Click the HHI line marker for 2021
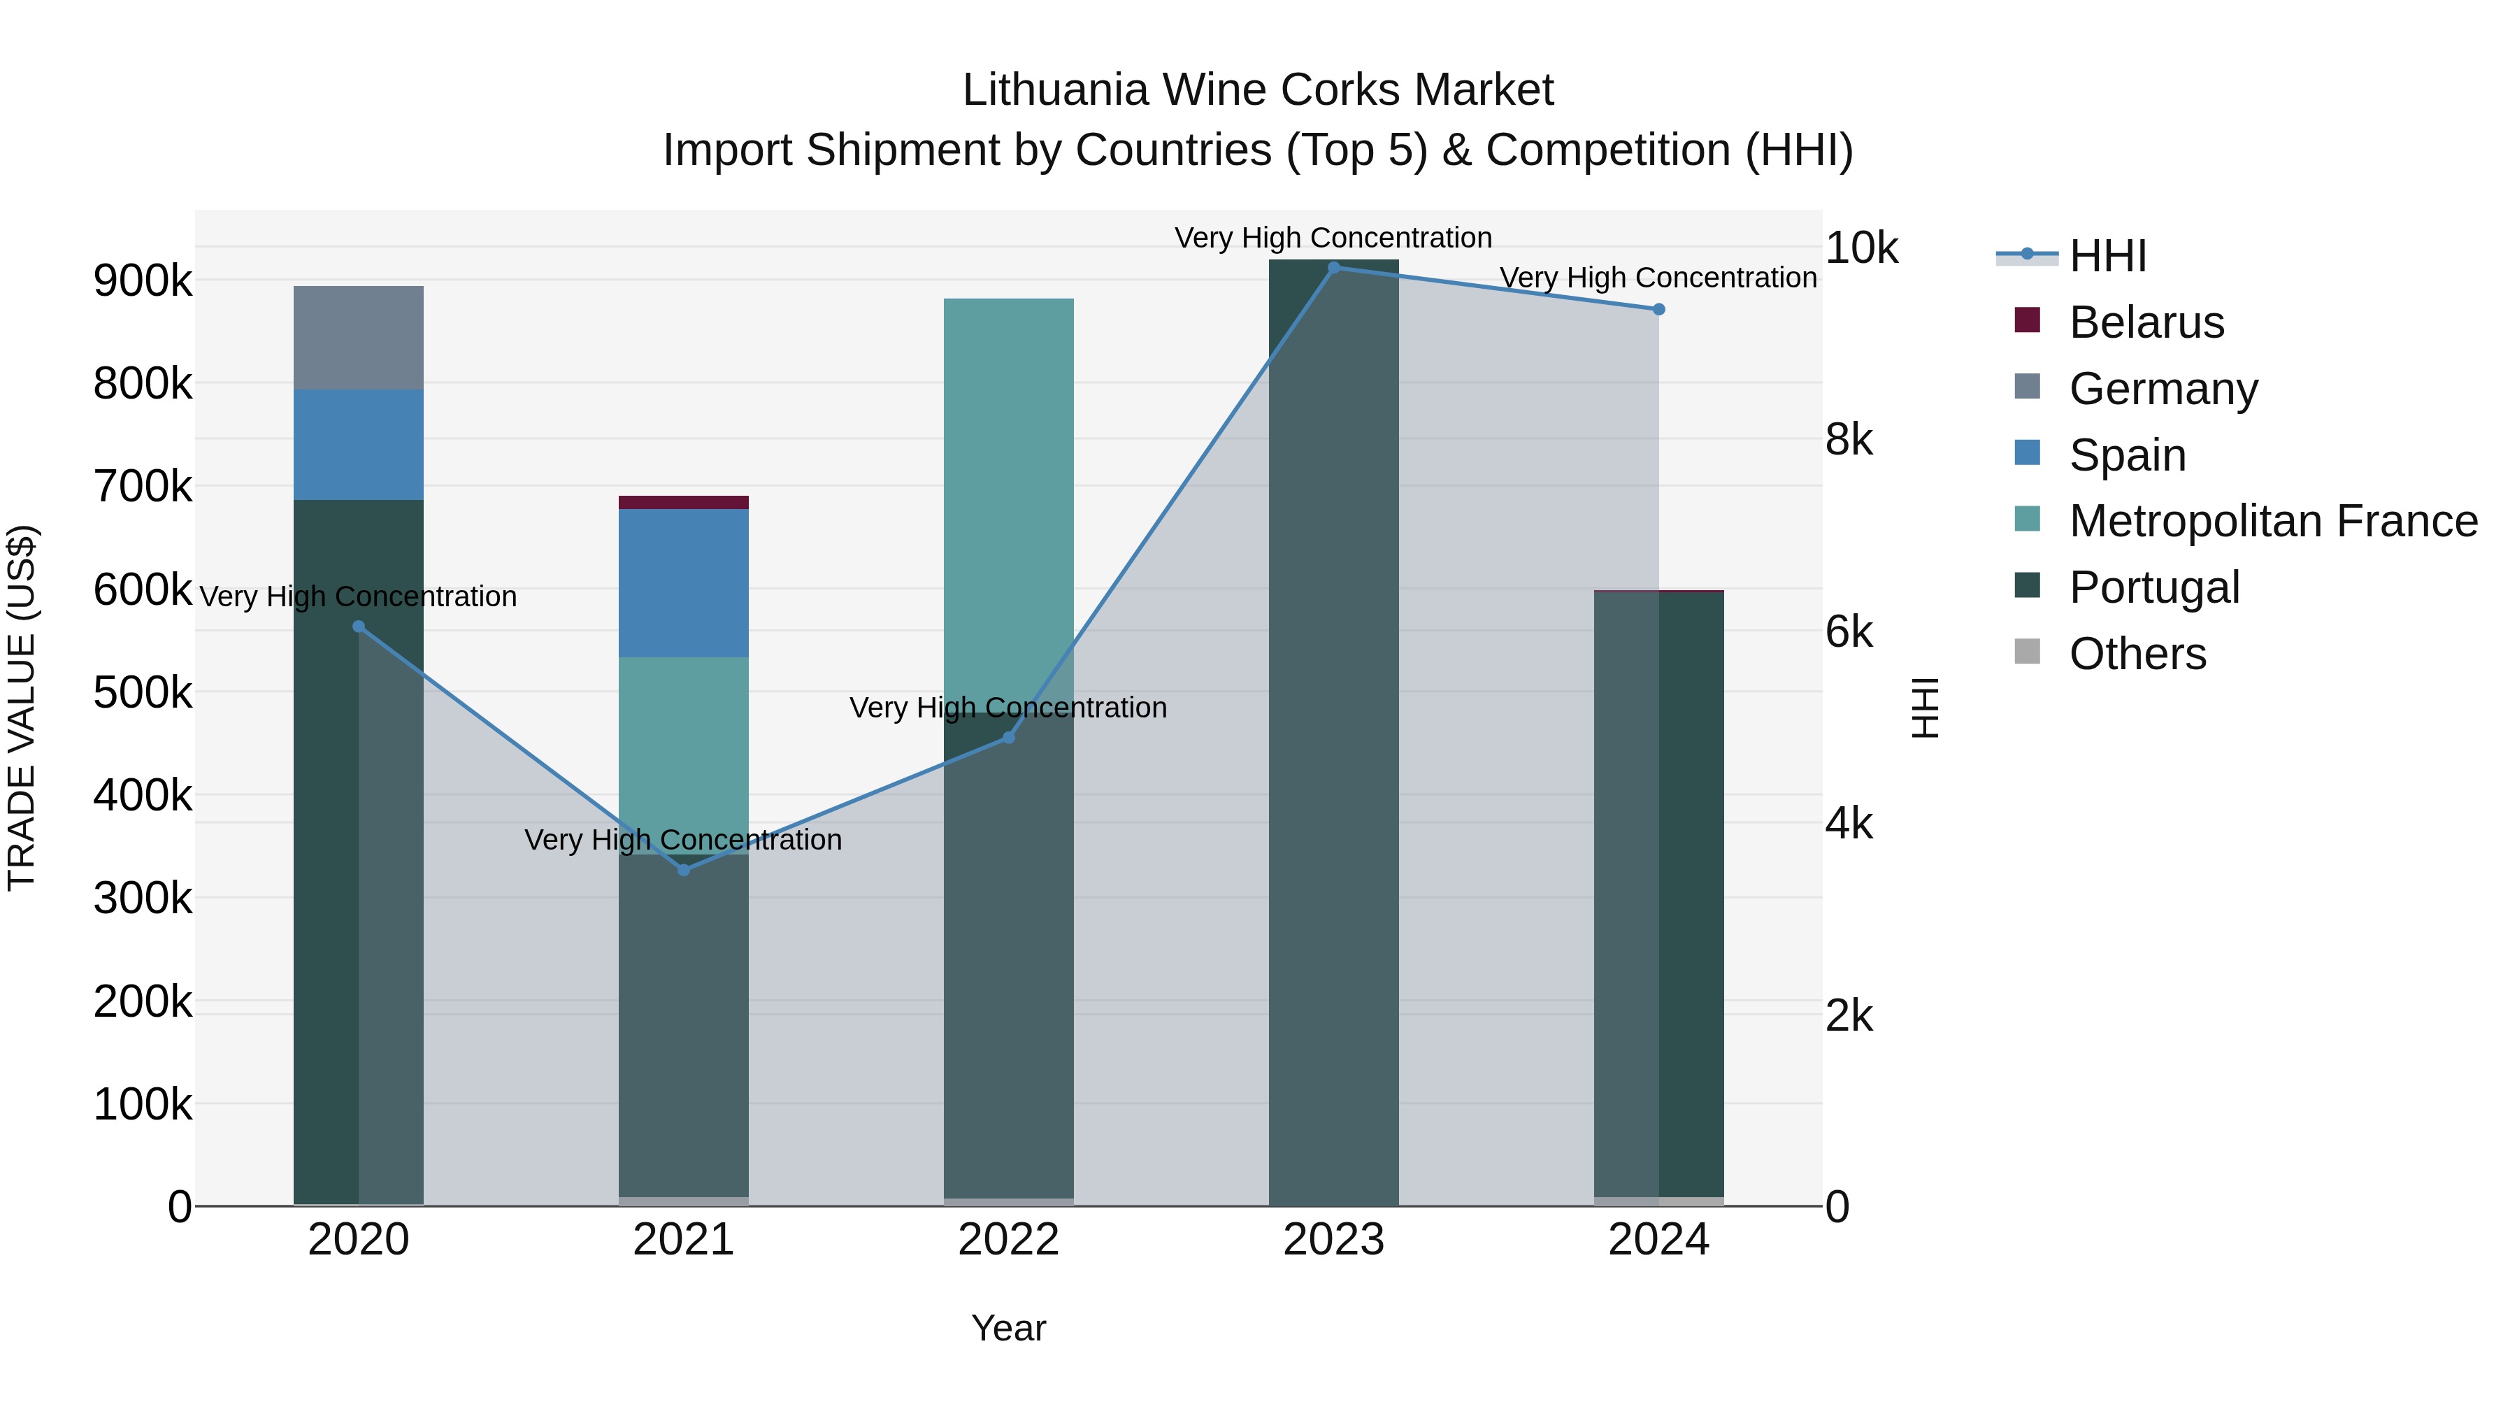683,870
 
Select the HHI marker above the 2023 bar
1334,268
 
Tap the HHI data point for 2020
359,627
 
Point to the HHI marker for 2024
1658,310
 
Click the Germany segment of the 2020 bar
359,338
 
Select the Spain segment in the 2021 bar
683,582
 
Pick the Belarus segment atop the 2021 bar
683,502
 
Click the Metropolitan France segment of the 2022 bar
1008,489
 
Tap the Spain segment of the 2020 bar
359,445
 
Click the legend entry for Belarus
2146,322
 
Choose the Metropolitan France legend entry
2273,521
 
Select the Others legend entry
2137,654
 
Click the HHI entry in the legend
2107,256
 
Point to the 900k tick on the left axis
143,281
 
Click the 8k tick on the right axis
1849,440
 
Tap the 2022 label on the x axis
1008,1240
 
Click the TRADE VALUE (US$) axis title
22,708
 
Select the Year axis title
1008,1328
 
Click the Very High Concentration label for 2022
1008,708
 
